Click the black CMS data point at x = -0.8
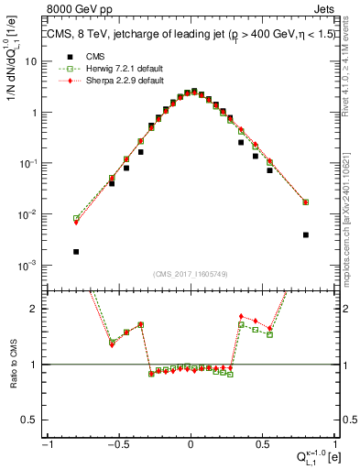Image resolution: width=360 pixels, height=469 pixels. click(x=76, y=252)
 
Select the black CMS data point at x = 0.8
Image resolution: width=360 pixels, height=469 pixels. click(x=306, y=235)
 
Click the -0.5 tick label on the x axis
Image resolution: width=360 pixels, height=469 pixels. click(x=117, y=445)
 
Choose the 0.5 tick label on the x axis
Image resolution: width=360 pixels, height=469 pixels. click(x=262, y=445)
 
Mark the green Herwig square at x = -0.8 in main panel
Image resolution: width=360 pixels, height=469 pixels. click(x=76, y=219)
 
